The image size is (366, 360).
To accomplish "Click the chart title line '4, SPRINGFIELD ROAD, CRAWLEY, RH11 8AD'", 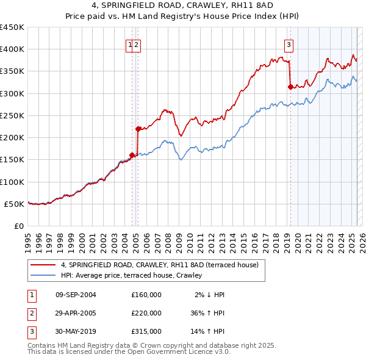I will point(183,5).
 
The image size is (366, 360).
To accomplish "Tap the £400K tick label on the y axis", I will point(12,49).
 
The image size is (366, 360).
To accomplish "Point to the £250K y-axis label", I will point(12,115).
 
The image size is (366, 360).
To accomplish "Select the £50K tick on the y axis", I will point(15,204).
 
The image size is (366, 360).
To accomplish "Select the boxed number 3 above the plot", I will point(288,44).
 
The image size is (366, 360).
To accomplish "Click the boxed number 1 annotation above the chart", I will point(130,44).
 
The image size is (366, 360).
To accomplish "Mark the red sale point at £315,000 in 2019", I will point(290,87).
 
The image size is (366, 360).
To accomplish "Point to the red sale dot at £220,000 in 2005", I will point(138,129).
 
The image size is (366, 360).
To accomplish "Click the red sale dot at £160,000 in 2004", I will point(132,155).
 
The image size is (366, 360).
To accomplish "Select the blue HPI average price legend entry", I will point(131,275).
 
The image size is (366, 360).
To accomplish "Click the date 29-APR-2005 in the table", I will point(76,312).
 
